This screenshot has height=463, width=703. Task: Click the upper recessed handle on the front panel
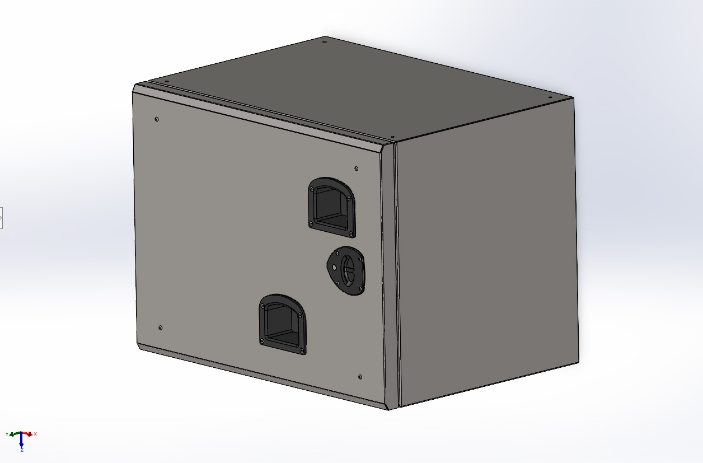tap(331, 207)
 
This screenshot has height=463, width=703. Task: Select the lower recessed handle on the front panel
tap(282, 325)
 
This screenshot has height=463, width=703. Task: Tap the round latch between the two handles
tap(349, 271)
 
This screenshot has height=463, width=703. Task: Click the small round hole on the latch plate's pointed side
tap(334, 267)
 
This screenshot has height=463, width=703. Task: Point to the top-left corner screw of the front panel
tap(156, 119)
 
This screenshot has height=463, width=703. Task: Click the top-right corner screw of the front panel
tap(357, 167)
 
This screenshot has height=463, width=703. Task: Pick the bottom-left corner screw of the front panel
tap(161, 328)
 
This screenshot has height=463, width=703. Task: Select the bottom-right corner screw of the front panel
tap(360, 377)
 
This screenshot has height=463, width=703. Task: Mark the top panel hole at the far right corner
tap(550, 97)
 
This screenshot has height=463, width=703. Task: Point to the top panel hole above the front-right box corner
tap(393, 137)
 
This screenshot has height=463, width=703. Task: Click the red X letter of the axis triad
tap(35, 434)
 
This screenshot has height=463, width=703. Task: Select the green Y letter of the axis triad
tap(7, 434)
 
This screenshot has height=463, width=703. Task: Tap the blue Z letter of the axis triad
tap(21, 450)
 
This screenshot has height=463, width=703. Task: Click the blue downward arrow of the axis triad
tap(21, 442)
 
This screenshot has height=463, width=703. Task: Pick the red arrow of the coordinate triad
tap(28, 434)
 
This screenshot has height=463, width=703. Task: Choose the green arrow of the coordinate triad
tap(14, 434)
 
